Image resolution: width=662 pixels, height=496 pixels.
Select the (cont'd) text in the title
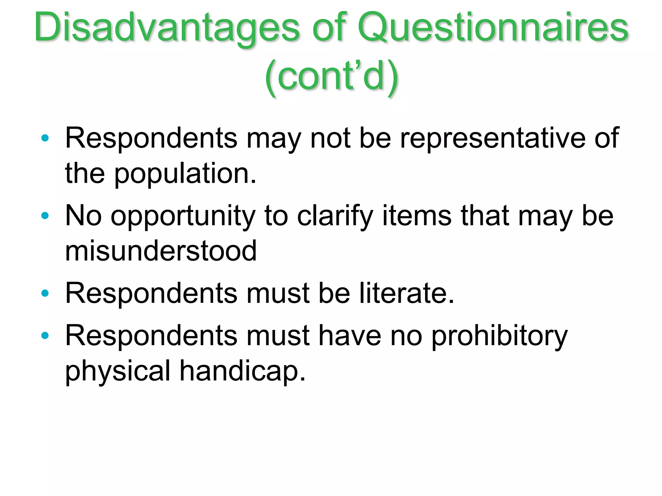point(332,77)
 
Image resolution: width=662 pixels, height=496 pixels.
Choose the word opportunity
point(183,216)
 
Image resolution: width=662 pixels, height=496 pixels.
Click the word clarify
point(335,216)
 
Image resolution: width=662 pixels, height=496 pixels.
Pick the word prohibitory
point(499,336)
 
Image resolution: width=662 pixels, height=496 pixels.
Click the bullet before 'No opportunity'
point(45,215)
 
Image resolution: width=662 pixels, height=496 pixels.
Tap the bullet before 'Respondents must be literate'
point(45,293)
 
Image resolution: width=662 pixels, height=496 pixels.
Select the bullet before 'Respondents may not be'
point(45,138)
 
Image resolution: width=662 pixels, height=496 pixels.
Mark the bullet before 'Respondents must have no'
point(45,336)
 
